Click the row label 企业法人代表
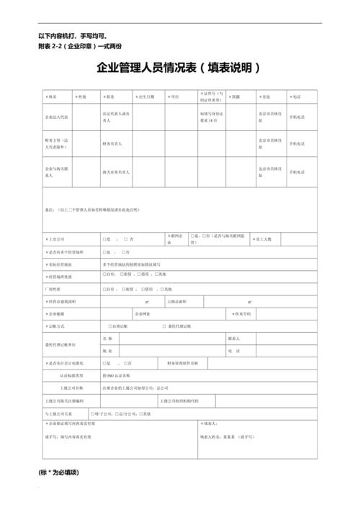point(58,116)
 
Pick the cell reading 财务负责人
point(114,144)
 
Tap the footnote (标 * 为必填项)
point(58,473)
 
